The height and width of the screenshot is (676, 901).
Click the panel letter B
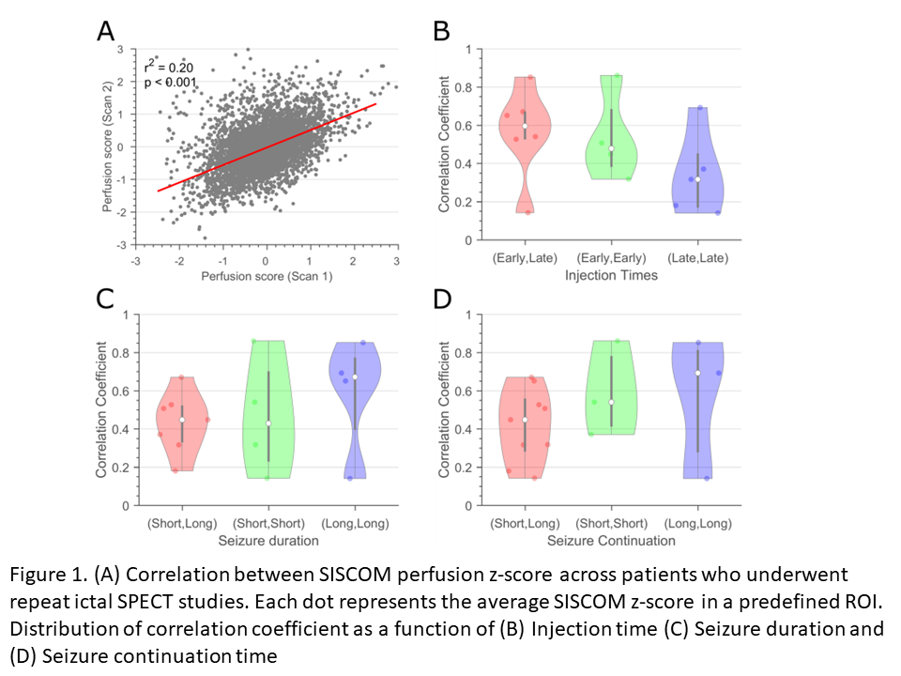[440, 31]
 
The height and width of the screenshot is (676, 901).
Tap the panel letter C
[106, 299]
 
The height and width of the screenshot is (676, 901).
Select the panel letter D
[441, 299]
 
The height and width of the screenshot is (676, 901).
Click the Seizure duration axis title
[268, 541]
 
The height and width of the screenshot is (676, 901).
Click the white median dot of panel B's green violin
[611, 148]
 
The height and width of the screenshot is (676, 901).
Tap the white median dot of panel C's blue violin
[355, 377]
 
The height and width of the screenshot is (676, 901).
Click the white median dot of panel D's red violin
[524, 420]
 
